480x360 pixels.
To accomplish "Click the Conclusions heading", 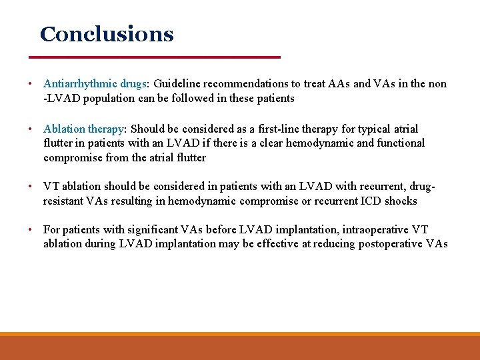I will coord(107,34).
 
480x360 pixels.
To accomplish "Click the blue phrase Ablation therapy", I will coord(84,129).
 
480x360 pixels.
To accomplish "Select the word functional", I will coord(401,143).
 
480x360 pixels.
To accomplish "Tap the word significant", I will coord(127,229).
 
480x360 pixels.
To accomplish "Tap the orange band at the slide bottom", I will coord(240,347).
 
